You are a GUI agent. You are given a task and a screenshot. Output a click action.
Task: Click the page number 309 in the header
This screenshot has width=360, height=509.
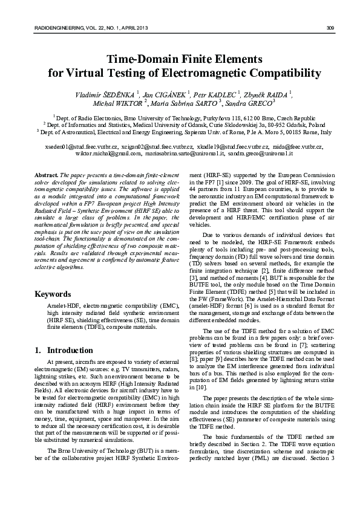coord(330,28)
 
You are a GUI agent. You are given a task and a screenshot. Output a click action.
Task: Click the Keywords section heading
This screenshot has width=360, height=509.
coord(53,294)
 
